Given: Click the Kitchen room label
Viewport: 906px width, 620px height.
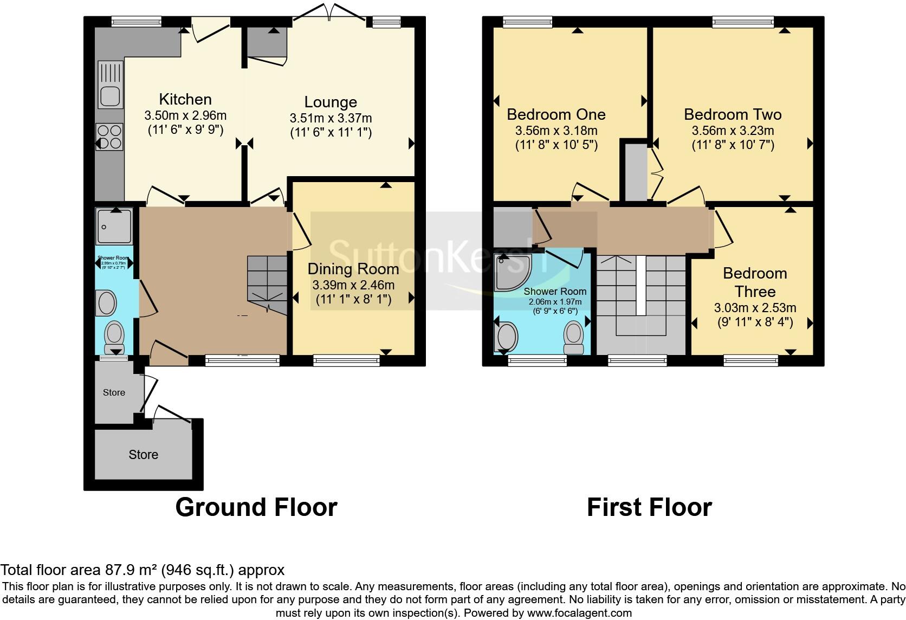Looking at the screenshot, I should pos(185,99).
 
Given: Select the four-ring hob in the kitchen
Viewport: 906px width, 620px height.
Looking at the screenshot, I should pos(109,137).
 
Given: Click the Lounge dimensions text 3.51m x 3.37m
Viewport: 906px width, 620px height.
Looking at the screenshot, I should pos(331,118).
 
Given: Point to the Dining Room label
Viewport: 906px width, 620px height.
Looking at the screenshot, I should pos(353,269).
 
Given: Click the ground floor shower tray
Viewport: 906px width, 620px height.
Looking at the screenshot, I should pos(114,226).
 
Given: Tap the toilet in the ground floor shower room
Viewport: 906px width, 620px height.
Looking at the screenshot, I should pos(114,337).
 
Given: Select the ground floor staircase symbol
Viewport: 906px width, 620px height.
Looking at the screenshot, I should pos(268,285).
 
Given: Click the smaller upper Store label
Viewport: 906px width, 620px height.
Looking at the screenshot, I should pos(114,392).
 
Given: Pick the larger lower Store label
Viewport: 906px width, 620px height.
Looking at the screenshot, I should pos(144,455).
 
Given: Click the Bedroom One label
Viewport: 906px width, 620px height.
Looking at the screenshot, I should pos(556,114).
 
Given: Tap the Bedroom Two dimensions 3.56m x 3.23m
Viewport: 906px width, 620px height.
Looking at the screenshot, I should pos(733,131).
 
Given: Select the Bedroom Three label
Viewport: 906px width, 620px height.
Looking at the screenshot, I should pos(755,282).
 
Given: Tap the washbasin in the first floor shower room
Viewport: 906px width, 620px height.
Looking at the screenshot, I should pos(507,336).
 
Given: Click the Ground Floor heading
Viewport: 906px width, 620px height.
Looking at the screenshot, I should pos(256,507).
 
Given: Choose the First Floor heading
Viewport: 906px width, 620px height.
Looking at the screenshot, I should pos(649,507).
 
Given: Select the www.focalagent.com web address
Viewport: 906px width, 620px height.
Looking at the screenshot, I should pos(579,613).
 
